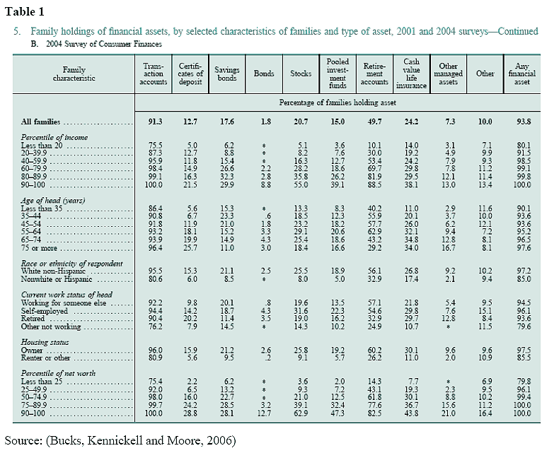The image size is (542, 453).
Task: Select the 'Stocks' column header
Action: click(301, 73)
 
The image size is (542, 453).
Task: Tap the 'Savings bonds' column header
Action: click(227, 73)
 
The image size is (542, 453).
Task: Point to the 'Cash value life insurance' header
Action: click(411, 73)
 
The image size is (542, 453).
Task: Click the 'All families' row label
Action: click(41, 122)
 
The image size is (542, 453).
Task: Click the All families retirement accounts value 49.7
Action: click(374, 122)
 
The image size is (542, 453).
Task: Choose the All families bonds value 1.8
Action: click(265, 122)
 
